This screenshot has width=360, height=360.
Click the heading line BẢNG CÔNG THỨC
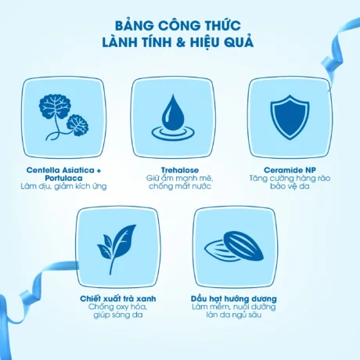tap(179, 23)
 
